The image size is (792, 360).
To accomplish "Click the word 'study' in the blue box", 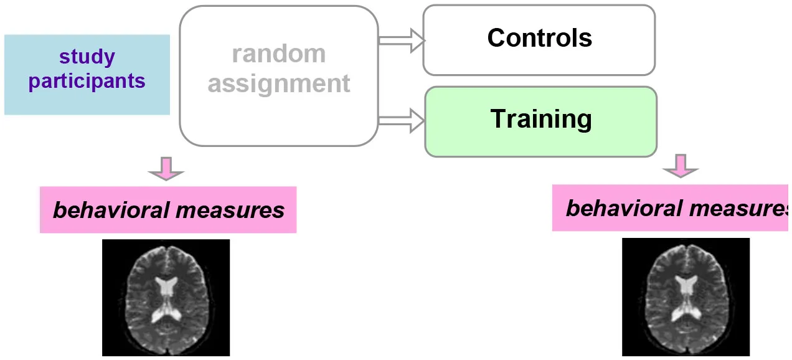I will (x=87, y=57).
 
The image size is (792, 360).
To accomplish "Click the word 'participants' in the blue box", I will (x=87, y=81).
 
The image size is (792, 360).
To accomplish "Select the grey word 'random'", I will (x=278, y=54).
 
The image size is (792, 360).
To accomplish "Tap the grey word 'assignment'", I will (x=278, y=83).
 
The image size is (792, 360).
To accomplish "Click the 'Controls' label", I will (x=539, y=38).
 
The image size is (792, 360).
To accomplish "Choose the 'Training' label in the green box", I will (x=540, y=119).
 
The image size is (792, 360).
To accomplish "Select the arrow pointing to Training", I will (x=402, y=120).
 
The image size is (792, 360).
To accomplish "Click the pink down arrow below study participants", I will (x=166, y=169).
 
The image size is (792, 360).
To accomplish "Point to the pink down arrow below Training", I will (x=680, y=166).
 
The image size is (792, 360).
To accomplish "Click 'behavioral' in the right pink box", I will (x=623, y=208).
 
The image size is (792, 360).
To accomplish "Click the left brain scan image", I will (x=166, y=298).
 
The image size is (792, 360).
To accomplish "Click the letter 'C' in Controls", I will (x=496, y=38).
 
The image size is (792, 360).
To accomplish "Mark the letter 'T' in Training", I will (x=498, y=118).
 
